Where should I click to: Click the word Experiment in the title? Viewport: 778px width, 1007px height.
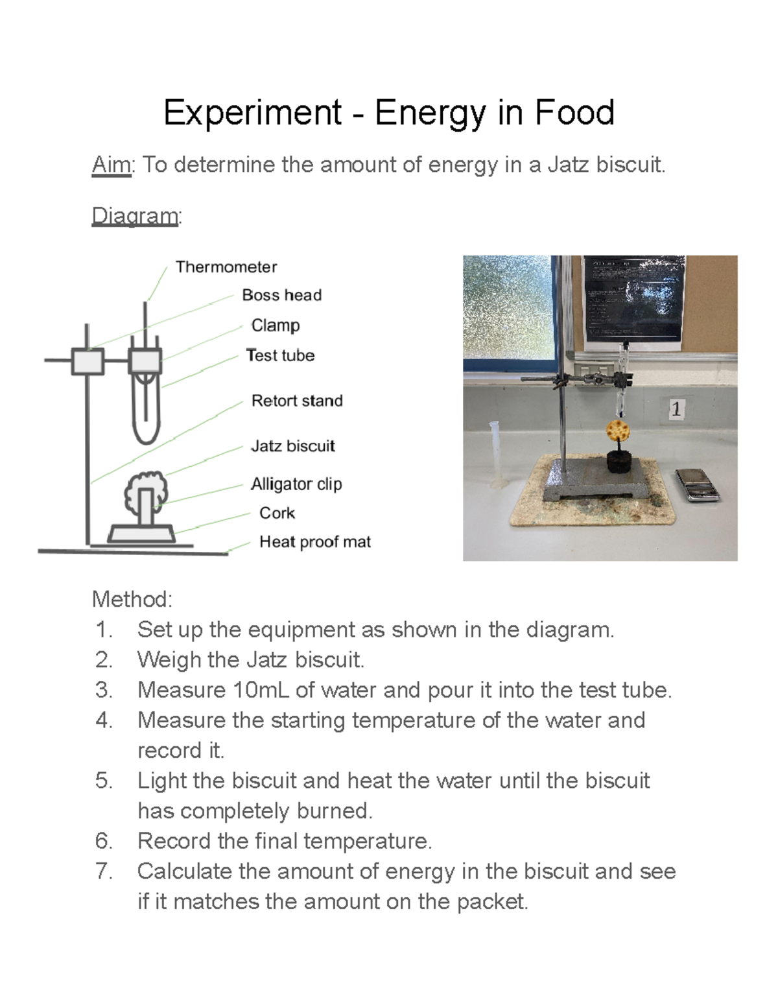(252, 113)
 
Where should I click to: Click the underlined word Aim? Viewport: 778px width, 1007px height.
(112, 165)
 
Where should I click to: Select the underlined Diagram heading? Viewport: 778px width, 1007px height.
(135, 216)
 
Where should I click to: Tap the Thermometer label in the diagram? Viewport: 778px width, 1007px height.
(226, 267)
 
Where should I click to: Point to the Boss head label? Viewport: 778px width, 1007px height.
(281, 296)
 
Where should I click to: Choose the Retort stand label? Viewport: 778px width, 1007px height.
(296, 401)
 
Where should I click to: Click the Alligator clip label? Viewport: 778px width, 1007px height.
(296, 484)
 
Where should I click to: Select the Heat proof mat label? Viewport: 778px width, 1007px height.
(314, 542)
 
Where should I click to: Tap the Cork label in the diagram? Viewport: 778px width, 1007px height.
(277, 513)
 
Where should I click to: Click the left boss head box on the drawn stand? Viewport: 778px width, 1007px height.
(88, 361)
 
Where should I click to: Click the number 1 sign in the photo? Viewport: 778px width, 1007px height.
(676, 409)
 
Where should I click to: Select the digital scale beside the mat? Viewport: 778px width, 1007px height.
(697, 485)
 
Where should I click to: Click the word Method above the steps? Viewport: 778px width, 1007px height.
(132, 599)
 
